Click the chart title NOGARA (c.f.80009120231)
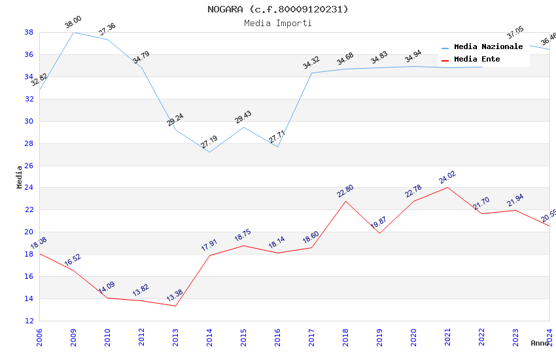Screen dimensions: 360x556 pos(278,9)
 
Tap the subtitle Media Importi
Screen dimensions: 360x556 pos(278,23)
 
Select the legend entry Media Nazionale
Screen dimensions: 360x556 pos(488,47)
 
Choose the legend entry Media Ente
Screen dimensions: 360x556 pos(477,60)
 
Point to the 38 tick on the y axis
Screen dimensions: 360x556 pos(29,32)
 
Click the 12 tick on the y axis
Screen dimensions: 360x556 pos(29,321)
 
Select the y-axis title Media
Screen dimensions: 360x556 pos(20,177)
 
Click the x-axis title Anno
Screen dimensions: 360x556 pos(540,343)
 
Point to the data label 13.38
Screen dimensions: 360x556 pos(175,296)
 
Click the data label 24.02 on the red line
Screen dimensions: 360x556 pos(447,177)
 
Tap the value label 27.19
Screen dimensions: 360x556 pos(209,142)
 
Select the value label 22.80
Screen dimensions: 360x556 pos(345,191)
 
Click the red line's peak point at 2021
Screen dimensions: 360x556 pos(447,187)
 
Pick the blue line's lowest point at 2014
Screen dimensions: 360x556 pos(209,152)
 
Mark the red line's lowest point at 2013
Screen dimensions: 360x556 pos(175,306)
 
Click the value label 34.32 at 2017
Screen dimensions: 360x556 pos(311,63)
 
